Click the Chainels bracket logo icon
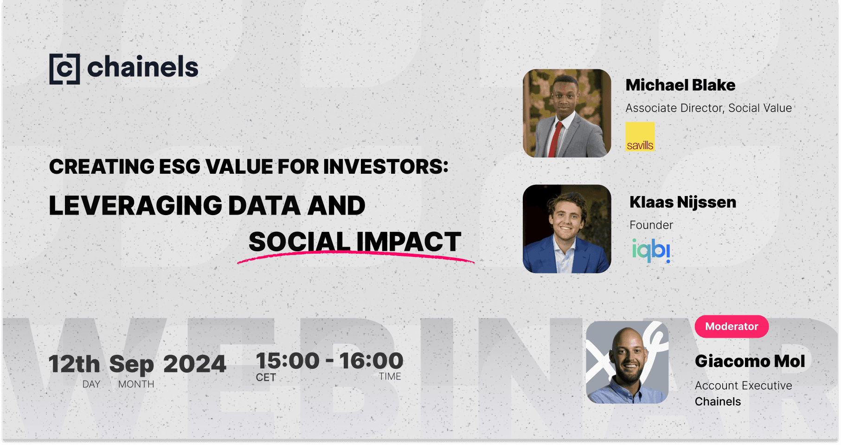64,69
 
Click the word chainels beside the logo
142,67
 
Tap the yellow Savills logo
640,137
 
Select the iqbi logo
651,250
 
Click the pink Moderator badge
731,327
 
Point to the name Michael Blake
680,85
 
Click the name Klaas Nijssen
682,202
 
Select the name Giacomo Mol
750,361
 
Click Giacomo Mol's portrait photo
627,362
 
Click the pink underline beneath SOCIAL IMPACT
355,255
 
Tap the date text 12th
74,364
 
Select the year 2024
194,364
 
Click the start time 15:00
288,361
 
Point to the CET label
266,378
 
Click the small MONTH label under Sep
136,384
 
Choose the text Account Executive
743,386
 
